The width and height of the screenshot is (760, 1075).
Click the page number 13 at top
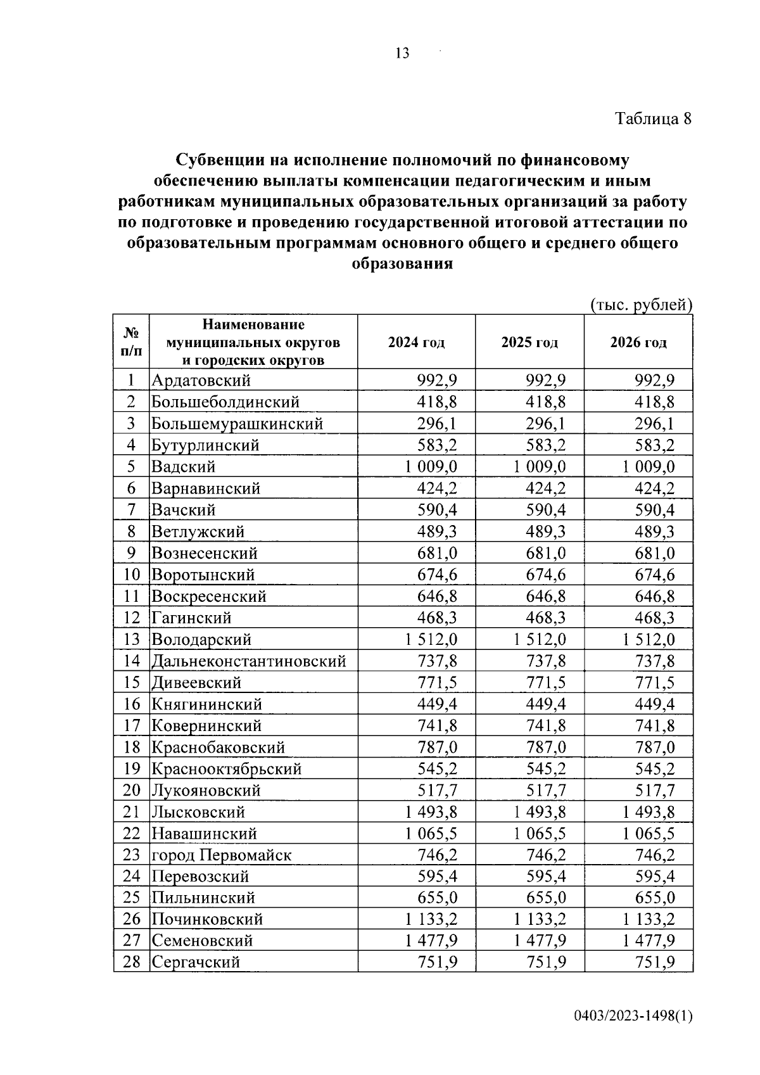[402, 53]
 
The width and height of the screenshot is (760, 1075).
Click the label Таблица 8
[653, 119]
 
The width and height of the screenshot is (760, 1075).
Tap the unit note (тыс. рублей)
[641, 305]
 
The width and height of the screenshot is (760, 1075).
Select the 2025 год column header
[529, 343]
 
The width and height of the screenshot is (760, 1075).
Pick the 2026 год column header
[638, 343]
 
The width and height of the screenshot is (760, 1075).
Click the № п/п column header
[131, 341]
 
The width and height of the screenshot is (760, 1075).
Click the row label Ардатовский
[201, 381]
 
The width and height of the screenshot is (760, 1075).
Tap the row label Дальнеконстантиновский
[248, 661]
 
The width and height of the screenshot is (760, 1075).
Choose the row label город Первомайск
[221, 855]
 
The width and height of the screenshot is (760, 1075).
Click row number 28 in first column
[131, 962]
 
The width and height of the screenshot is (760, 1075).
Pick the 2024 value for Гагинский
[437, 618]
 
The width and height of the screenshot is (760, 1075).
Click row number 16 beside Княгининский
[131, 704]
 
